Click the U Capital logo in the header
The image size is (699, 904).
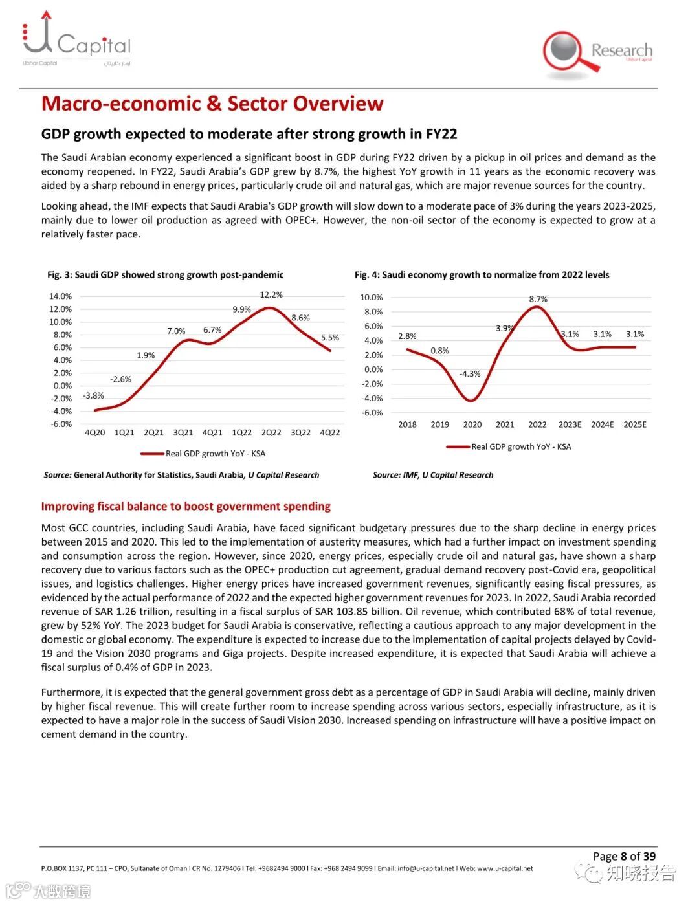[76, 39]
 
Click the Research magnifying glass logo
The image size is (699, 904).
[597, 53]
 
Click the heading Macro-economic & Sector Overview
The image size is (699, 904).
[212, 104]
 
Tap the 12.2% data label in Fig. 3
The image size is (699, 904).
[271, 295]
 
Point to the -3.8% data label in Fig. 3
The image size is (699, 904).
[93, 395]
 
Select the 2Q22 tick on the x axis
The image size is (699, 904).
[271, 432]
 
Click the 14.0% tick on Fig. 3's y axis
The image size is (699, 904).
[60, 296]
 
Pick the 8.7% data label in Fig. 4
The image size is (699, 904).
[538, 299]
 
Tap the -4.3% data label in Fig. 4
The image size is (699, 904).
[470, 374]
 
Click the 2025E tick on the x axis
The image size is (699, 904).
[634, 424]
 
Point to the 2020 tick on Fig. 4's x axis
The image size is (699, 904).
[472, 424]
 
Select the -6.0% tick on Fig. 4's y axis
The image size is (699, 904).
[372, 413]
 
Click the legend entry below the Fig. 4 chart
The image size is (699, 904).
[509, 446]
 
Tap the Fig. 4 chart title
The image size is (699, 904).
[482, 275]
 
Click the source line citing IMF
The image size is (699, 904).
[432, 475]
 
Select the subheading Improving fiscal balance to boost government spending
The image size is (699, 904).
[186, 506]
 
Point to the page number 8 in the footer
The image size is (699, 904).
[623, 856]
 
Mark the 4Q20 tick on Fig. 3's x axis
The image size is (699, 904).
[94, 432]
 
